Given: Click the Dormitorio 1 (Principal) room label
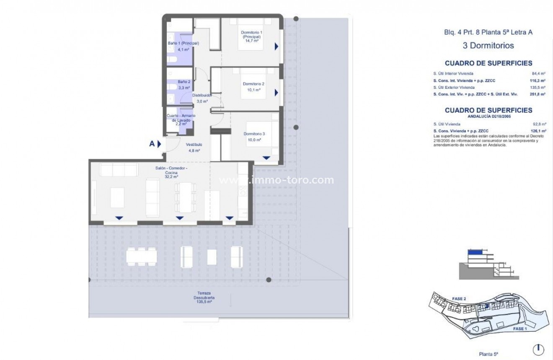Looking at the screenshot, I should point(251,36).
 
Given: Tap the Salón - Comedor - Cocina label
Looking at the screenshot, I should point(171,172).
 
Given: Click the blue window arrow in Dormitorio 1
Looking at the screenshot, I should point(276,47).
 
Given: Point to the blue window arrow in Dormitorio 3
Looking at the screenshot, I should point(266,158).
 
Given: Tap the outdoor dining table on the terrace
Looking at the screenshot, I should point(142,256).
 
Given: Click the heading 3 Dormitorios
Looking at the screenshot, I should point(488,45).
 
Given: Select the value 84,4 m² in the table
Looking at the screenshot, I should point(538,74).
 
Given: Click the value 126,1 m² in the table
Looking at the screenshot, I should point(538,131).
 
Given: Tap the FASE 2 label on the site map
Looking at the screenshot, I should point(459,299).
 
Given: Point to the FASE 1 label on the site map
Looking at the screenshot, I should point(519,329).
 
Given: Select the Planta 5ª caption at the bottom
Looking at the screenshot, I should point(488,354).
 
